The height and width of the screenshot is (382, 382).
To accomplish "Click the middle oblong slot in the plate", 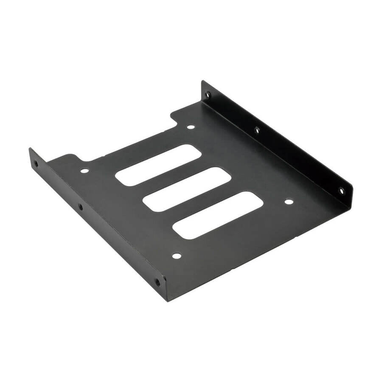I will coord(187,189).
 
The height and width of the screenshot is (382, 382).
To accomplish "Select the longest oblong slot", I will coord(218,214).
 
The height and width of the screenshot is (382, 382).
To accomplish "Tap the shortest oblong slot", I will coord(158,164).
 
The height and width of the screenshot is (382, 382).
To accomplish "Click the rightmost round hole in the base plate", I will coord(289,201).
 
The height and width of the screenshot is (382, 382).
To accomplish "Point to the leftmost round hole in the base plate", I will coord(84,171).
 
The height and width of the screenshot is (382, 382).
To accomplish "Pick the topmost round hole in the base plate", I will coord(191,126).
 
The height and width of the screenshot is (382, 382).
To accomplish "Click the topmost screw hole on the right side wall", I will coord(208,95).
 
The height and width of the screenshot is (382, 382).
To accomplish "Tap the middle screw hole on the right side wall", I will coord(257,130).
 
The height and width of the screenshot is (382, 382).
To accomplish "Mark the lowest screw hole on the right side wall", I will coord(341,191).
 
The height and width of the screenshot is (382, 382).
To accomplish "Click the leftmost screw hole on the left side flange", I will coord(36,163).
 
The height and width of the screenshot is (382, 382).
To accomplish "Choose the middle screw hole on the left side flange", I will coord(80,207).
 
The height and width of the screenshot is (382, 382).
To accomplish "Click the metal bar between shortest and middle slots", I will coord(172,177).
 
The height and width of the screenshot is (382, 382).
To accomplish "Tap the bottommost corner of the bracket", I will coord(167,301).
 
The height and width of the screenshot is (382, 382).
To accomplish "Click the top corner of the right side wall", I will coord(202,81).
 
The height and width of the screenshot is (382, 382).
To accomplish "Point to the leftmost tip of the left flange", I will coord(30,149).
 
